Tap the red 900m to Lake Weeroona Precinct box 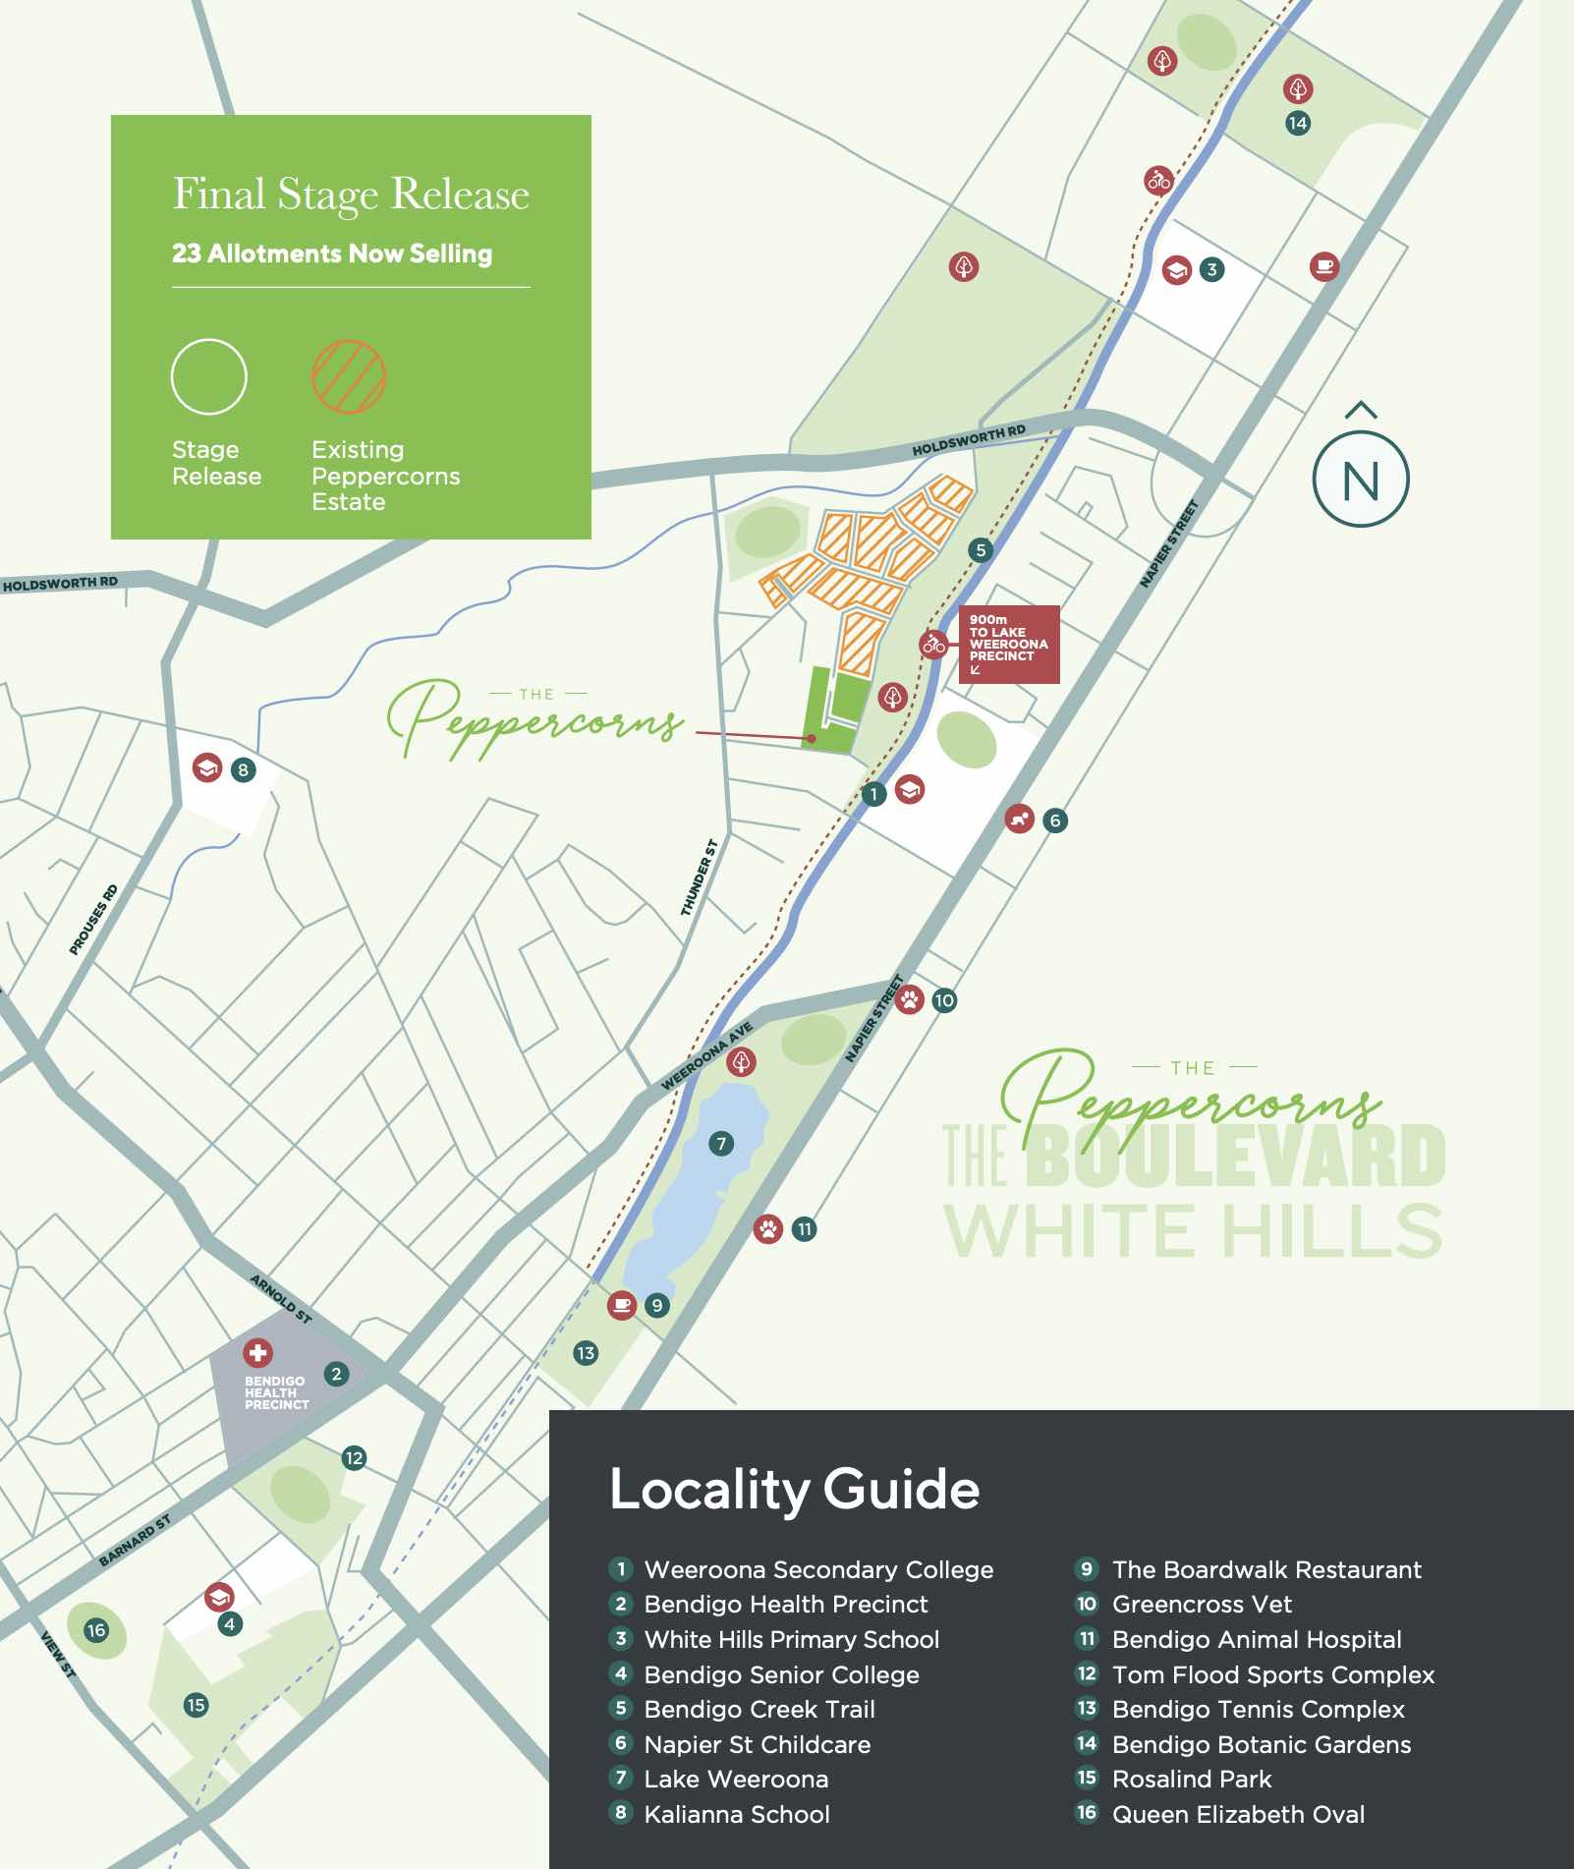coord(1009,644)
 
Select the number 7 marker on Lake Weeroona coord(721,1143)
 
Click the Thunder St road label coord(700,878)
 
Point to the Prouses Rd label coord(93,920)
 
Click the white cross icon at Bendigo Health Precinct coord(257,1353)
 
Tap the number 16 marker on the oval coord(95,1630)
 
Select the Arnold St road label coord(281,1298)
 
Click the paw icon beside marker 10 coord(910,1000)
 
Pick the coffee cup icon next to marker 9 coord(621,1305)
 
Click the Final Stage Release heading coord(351,194)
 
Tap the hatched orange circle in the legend coord(349,376)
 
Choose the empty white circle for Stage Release coord(208,376)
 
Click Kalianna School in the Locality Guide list coord(736,1814)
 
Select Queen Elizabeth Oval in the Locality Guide coord(1237,1814)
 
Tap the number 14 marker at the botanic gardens coord(1298,123)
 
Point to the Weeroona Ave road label coord(706,1055)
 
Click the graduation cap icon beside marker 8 coord(207,768)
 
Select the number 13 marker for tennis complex coord(586,1352)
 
